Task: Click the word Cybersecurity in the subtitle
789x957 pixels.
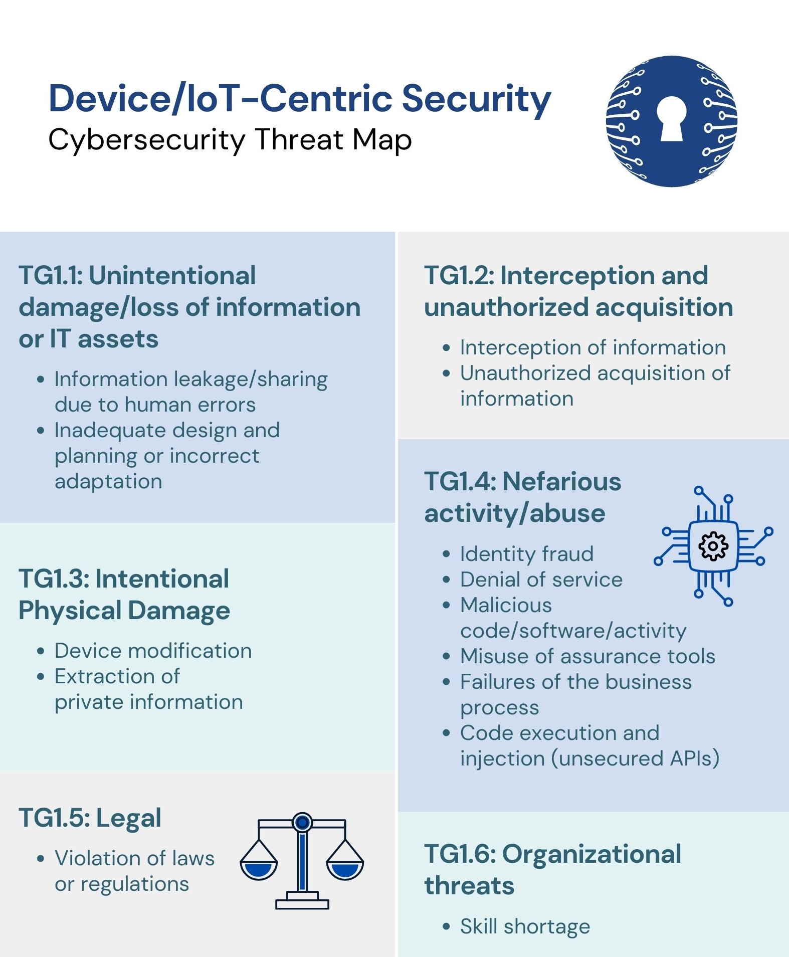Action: (x=146, y=140)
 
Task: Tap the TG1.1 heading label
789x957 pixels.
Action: (x=50, y=276)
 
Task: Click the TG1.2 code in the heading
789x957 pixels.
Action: (x=459, y=276)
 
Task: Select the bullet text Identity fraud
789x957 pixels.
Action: (x=527, y=554)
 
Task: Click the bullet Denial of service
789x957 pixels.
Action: (x=541, y=580)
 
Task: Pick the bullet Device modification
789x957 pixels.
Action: (x=153, y=651)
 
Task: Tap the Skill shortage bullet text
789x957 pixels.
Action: (x=525, y=926)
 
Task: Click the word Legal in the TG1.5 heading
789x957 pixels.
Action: (x=129, y=818)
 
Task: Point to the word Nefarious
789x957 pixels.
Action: (x=561, y=482)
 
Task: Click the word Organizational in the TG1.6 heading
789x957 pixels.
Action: (x=591, y=854)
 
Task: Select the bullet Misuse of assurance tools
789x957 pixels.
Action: (x=587, y=656)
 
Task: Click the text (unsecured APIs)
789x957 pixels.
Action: (x=635, y=758)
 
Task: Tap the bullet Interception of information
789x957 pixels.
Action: (x=593, y=347)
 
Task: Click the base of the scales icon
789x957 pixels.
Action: (x=302, y=903)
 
